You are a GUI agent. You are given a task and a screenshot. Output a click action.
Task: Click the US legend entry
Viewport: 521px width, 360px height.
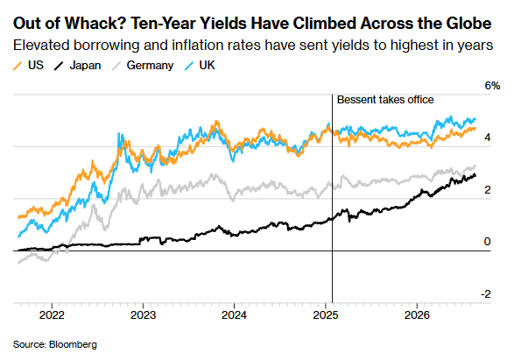pyautogui.click(x=28, y=66)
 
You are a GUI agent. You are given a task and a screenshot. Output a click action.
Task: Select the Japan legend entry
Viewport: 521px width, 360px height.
pyautogui.click(x=77, y=66)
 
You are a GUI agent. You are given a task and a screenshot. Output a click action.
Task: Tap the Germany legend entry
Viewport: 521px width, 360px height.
pyautogui.click(x=143, y=66)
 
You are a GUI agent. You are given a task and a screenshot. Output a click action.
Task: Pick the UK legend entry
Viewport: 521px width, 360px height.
pyautogui.click(x=200, y=66)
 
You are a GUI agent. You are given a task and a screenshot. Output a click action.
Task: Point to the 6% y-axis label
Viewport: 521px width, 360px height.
pyautogui.click(x=492, y=86)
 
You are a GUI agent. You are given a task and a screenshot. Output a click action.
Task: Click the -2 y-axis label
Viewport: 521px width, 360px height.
pyautogui.click(x=486, y=293)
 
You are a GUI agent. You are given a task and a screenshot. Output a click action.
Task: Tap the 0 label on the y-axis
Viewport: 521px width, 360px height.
pyautogui.click(x=487, y=242)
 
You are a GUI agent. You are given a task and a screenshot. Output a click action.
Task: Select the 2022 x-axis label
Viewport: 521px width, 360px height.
pyautogui.click(x=52, y=314)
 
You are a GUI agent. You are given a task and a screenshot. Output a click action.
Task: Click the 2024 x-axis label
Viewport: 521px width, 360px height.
pyautogui.click(x=235, y=314)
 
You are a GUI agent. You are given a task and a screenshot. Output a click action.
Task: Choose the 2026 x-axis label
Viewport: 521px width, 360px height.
pyautogui.click(x=417, y=314)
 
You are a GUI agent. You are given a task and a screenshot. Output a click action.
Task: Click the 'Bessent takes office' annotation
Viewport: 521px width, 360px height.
pyautogui.click(x=385, y=100)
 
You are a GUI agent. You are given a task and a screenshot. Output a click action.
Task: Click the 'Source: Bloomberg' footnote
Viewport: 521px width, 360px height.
pyautogui.click(x=55, y=344)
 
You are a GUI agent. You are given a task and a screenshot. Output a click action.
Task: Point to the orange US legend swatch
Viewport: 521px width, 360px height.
pyautogui.click(x=18, y=66)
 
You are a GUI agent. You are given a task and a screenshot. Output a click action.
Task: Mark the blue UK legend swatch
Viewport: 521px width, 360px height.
pyautogui.click(x=189, y=66)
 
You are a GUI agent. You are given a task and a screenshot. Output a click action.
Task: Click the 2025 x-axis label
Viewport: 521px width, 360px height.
pyautogui.click(x=326, y=314)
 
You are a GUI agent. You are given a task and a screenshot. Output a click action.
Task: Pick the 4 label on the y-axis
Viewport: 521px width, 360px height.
pyautogui.click(x=488, y=138)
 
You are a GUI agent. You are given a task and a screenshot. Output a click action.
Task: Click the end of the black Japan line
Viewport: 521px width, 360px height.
pyautogui.click(x=475, y=175)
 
